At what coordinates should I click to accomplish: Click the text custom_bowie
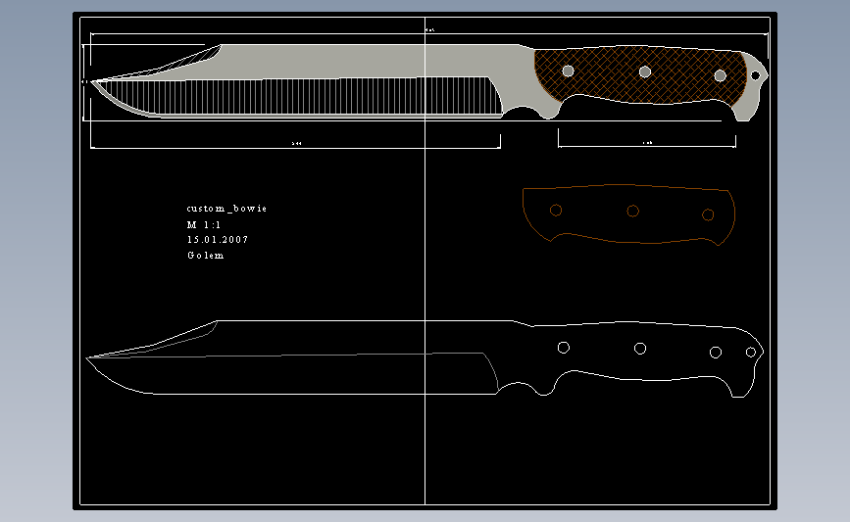tap(226, 209)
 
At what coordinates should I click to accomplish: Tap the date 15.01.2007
tap(217, 240)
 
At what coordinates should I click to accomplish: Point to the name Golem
tap(205, 256)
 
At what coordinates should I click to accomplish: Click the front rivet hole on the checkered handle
tap(568, 71)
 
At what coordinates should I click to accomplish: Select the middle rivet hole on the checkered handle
tap(644, 71)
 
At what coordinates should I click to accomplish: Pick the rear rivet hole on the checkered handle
tap(720, 75)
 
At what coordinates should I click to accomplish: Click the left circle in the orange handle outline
tap(556, 211)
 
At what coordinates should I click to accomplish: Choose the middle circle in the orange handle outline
tap(632, 211)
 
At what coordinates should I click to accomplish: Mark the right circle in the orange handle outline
tap(708, 214)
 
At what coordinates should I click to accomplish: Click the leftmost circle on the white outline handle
tap(564, 348)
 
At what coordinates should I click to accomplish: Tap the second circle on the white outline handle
tap(640, 348)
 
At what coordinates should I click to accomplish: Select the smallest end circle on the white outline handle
tap(751, 352)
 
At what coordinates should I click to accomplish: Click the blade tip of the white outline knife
tap(88, 358)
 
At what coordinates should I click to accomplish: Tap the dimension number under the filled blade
tap(296, 143)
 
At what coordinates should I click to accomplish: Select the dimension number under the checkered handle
tap(647, 143)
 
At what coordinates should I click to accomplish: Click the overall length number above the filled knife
tap(429, 30)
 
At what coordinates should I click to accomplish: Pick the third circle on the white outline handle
tap(716, 352)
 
